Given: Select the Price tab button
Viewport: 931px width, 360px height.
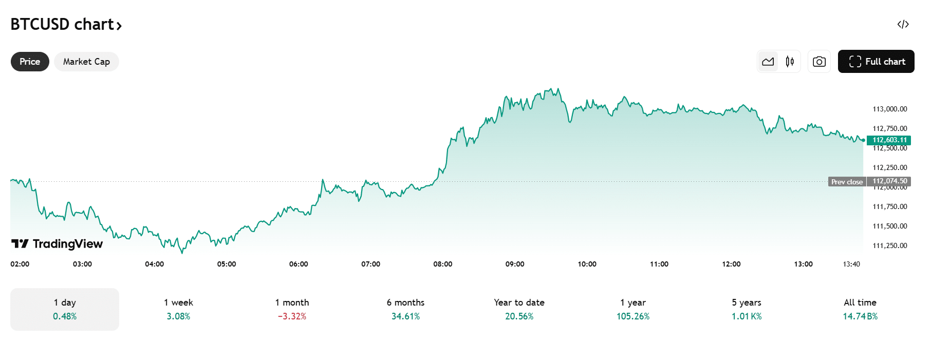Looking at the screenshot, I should [30, 62].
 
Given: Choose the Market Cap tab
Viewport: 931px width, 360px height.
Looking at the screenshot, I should [86, 62].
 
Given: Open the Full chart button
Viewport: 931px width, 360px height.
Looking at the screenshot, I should [876, 62].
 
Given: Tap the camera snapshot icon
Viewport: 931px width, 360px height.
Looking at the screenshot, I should [819, 62].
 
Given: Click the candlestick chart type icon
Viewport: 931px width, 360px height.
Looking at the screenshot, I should [790, 62].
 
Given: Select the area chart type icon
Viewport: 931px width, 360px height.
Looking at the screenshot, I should [768, 62].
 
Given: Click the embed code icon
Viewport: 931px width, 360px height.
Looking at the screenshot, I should [903, 25].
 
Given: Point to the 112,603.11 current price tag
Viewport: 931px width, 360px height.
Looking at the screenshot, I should [889, 140].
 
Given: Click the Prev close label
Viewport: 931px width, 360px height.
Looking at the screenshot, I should [847, 182].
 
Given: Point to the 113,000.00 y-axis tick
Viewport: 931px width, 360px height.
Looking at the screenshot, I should [889, 109].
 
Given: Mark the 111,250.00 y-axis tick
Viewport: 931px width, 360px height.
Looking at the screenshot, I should [889, 245].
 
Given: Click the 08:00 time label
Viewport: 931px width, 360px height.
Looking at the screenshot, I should [442, 264].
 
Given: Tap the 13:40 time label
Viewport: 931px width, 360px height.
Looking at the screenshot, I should [851, 264].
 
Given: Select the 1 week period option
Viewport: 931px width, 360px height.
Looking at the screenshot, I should [178, 309].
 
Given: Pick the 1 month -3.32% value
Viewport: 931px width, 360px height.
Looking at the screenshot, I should [292, 316].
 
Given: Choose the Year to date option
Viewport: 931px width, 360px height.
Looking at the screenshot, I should [519, 309].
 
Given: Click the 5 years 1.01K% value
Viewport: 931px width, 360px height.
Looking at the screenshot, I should [747, 316].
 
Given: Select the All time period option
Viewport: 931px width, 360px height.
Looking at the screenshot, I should [860, 309].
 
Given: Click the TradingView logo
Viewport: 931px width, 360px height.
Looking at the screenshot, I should [57, 243].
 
